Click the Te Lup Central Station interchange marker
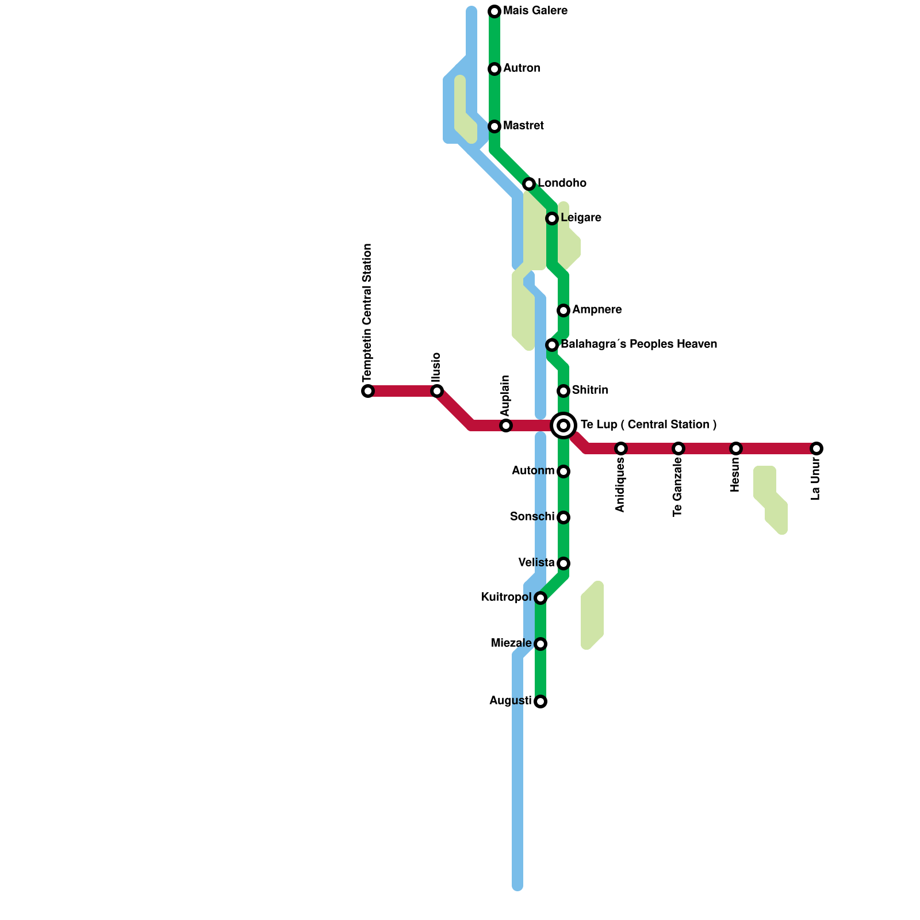pyautogui.click(x=563, y=425)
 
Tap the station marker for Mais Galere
pyautogui.click(x=494, y=11)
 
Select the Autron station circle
pyautogui.click(x=494, y=69)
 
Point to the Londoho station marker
pyautogui.click(x=529, y=184)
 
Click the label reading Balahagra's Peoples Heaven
pyautogui.click(x=638, y=344)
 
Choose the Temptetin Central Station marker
pyautogui.click(x=368, y=391)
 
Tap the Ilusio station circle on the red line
pyautogui.click(x=437, y=391)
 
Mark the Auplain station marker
pyautogui.click(x=506, y=425)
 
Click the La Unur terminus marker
pyautogui.click(x=816, y=448)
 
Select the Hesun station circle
pyautogui.click(x=736, y=448)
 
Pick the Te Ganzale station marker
pyautogui.click(x=678, y=448)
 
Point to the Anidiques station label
pyautogui.click(x=620, y=485)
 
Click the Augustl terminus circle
pyautogui.click(x=540, y=701)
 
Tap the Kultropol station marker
pyautogui.click(x=540, y=598)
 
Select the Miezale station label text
pyautogui.click(x=511, y=643)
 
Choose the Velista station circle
pyautogui.click(x=563, y=563)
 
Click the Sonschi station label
pyautogui.click(x=532, y=517)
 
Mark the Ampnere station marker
pyautogui.click(x=563, y=310)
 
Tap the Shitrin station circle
pyautogui.click(x=563, y=391)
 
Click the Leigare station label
pyautogui.click(x=581, y=218)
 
